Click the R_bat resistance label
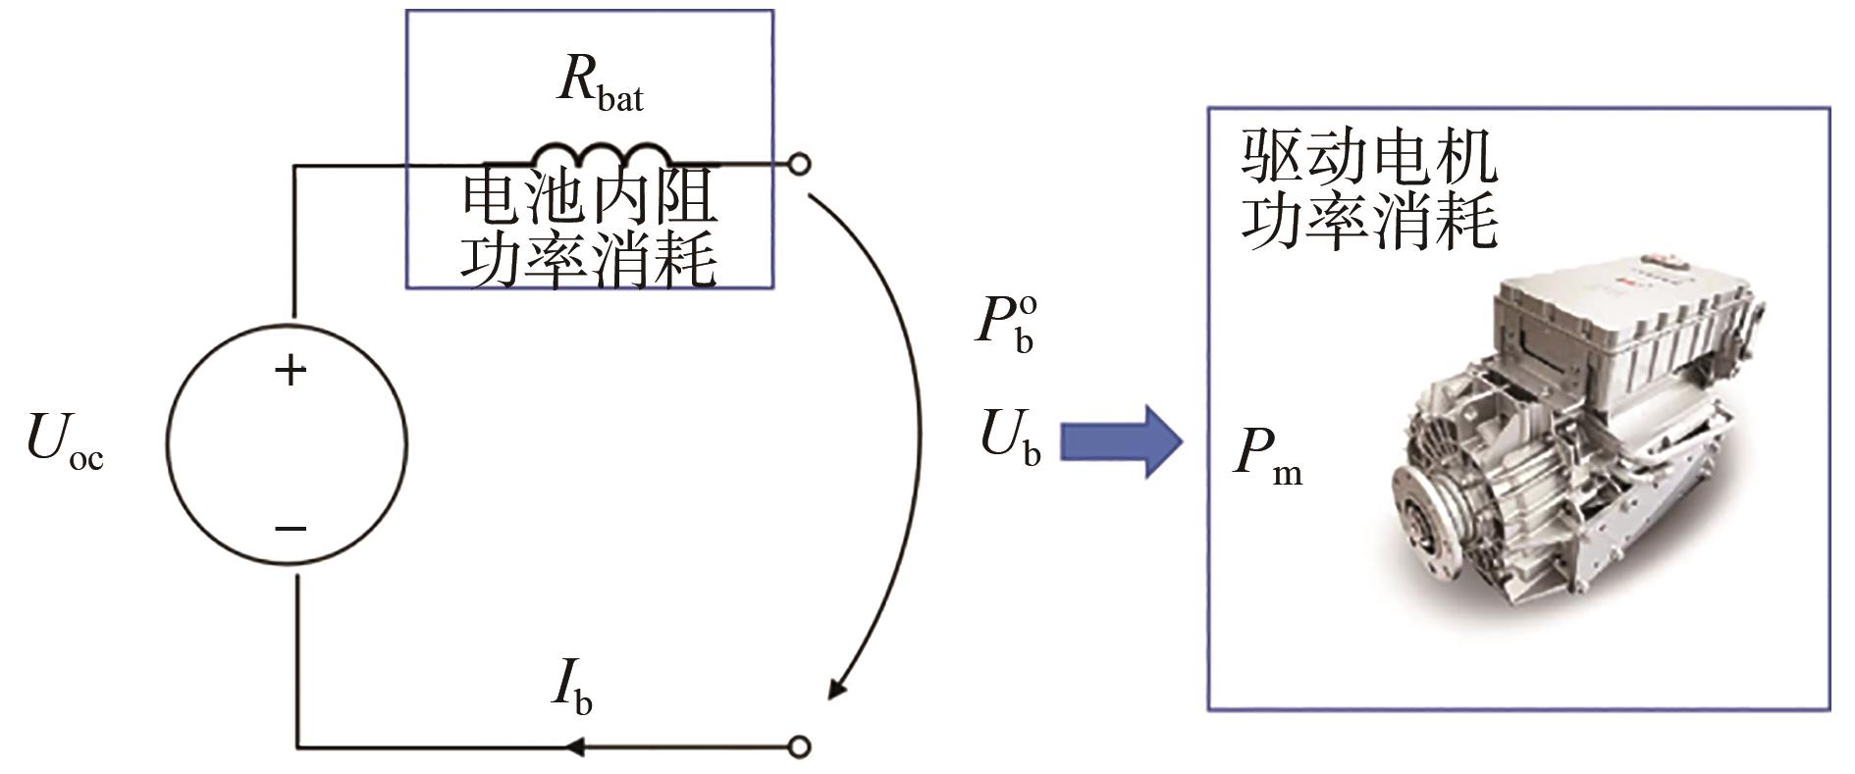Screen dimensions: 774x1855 600,83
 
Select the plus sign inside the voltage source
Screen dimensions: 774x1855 290,370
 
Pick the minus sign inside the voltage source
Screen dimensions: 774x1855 291,529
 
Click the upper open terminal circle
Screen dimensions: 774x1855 800,164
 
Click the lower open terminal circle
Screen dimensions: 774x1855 800,747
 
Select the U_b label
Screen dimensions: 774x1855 1010,437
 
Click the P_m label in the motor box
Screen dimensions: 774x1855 1267,455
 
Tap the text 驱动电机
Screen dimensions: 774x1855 1368,158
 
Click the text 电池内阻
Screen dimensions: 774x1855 590,196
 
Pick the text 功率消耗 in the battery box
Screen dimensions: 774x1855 590,259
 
